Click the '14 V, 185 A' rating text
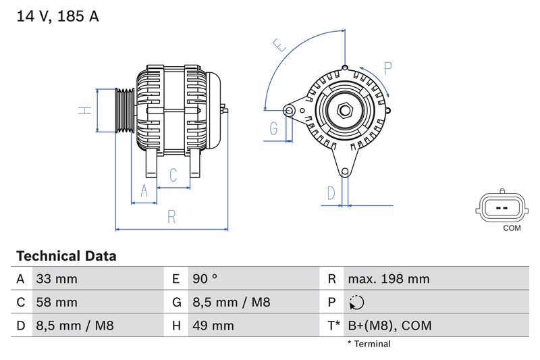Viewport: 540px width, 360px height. [x=57, y=17]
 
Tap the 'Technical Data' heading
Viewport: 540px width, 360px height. [x=66, y=256]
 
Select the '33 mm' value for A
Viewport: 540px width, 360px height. [x=57, y=279]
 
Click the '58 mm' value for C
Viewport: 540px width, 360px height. [x=57, y=302]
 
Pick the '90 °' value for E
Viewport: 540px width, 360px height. [x=205, y=279]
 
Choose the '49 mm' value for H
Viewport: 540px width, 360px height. [x=213, y=326]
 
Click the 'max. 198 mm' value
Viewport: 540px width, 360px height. [x=388, y=279]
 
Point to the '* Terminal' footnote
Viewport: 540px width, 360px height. [x=369, y=344]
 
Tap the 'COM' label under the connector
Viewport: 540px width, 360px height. [x=512, y=228]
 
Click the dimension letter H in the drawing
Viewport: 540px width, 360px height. [x=84, y=110]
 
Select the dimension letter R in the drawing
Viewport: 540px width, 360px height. [x=171, y=217]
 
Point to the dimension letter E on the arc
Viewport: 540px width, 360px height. [x=279, y=45]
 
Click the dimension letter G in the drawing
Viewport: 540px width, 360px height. [x=274, y=128]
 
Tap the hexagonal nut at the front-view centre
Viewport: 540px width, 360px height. [x=344, y=109]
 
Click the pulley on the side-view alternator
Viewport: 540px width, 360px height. [x=124, y=110]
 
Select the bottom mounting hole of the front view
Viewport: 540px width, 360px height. [x=346, y=172]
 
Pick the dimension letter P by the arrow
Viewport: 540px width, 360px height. [x=388, y=68]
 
